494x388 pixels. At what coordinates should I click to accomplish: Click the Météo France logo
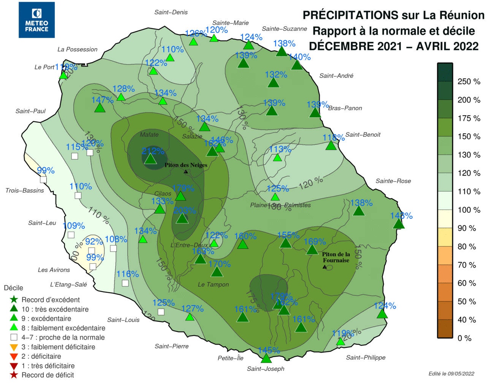pos(36,20)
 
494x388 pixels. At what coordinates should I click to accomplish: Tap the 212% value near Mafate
pos(153,151)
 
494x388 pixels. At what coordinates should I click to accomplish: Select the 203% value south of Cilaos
pos(185,211)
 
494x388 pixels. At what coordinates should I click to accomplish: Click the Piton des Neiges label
pos(186,165)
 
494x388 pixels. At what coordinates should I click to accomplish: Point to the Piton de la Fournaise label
pos(336,257)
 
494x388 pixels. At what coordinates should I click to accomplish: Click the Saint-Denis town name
pos(171,12)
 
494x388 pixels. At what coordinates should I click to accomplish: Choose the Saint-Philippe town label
pos(366,357)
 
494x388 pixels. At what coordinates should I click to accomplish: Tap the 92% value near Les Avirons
pos(94,241)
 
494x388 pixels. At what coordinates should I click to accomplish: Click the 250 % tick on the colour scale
pos(469,82)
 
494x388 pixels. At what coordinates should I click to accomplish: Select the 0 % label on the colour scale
pos(464,338)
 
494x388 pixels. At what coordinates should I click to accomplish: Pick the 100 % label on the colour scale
pos(469,210)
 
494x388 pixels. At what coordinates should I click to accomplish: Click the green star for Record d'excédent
pos(14,299)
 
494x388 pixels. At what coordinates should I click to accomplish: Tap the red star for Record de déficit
pos(14,375)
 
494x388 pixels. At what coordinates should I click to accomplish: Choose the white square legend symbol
pos(14,337)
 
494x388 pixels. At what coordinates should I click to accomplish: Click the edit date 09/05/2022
pos(451,374)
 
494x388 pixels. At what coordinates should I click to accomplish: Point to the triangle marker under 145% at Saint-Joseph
pos(266,358)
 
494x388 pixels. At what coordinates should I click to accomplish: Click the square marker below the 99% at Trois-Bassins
pos(43,180)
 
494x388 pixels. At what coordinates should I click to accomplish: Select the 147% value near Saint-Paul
pos(102,100)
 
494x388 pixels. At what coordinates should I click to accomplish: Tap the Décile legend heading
pos(13,288)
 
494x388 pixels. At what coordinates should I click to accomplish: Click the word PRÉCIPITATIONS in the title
pos(350,15)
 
